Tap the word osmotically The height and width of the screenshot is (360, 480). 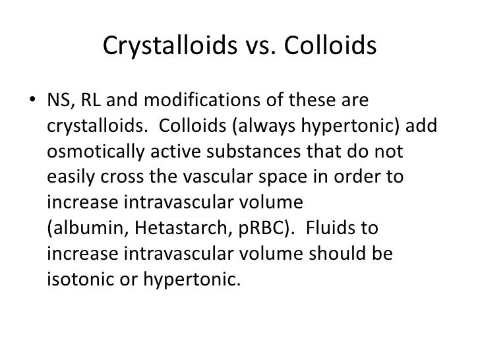pos(90,152)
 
